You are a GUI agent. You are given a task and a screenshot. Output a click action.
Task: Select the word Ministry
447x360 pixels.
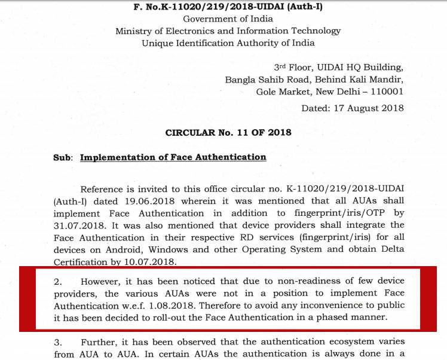pos(134,30)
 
